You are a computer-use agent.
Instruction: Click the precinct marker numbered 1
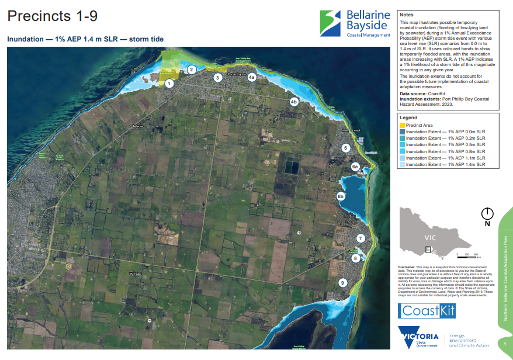169,84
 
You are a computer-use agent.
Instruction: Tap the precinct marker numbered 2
191,70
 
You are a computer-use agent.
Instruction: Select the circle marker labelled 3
217,77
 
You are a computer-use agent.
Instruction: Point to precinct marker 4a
252,77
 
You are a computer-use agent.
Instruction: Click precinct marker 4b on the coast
294,102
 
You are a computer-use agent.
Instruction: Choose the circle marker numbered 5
346,148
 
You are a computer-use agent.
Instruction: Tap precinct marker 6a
355,167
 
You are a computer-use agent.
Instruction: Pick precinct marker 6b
341,196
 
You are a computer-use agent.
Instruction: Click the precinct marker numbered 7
361,238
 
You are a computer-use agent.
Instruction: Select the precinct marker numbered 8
355,258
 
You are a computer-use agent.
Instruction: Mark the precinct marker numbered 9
342,283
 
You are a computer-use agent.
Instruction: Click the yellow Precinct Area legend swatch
403,125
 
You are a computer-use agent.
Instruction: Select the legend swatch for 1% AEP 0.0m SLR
403,132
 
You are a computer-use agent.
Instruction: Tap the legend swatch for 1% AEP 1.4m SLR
403,165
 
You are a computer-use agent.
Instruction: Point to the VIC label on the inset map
431,238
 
